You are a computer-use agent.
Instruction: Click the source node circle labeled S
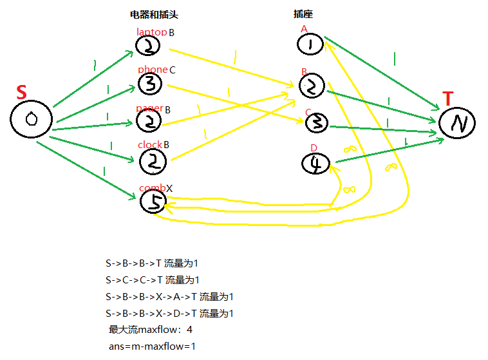[x=30, y=120]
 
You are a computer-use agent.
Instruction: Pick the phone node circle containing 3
[x=149, y=83]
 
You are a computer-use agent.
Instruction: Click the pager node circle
[x=149, y=120]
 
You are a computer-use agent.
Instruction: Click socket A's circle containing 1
[x=310, y=44]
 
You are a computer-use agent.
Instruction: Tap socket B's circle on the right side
[x=312, y=86]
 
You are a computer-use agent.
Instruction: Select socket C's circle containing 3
[x=316, y=122]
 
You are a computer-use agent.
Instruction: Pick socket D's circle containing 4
[x=315, y=164]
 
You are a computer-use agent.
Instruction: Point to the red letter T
[x=448, y=99]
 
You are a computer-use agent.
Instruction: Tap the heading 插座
[x=303, y=15]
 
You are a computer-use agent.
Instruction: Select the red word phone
[x=153, y=70]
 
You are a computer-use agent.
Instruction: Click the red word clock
[x=149, y=145]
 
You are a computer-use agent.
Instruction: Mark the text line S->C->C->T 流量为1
[x=153, y=280]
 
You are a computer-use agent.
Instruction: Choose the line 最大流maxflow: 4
[x=151, y=330]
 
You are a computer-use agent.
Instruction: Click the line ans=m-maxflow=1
[x=153, y=346]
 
